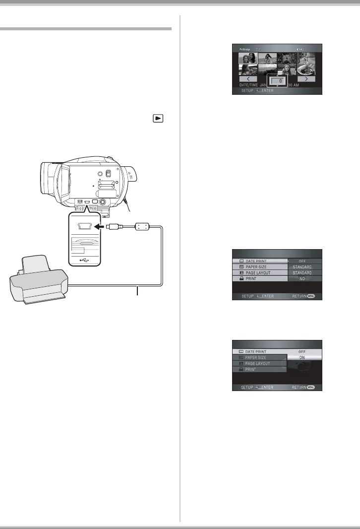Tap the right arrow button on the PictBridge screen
[306, 78]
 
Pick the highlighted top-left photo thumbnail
[248, 63]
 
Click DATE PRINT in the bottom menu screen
[260, 351]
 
